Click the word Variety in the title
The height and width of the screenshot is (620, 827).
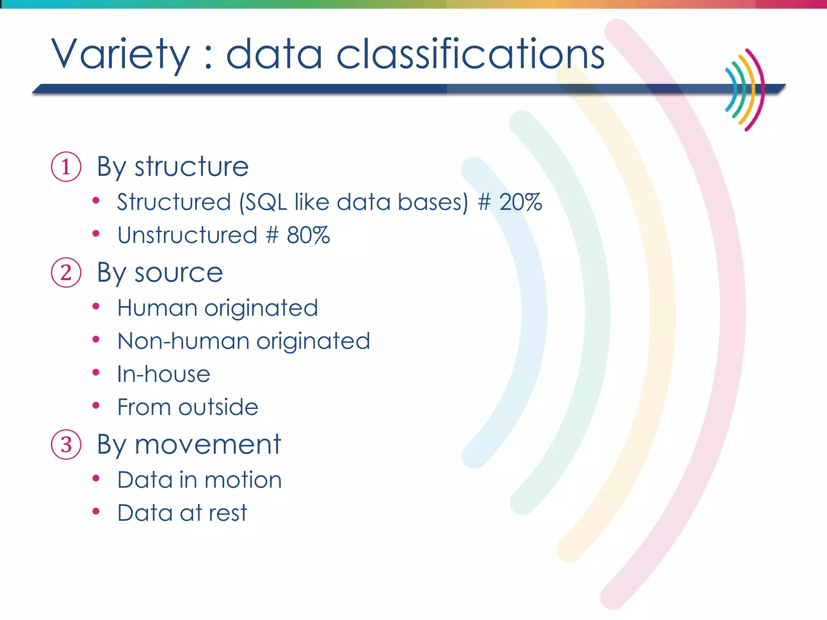pyautogui.click(x=120, y=54)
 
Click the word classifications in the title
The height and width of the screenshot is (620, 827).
pyautogui.click(x=470, y=54)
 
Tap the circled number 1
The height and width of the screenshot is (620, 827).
pyautogui.click(x=66, y=167)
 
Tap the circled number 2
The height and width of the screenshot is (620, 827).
pyautogui.click(x=66, y=272)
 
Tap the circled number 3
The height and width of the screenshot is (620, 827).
pyautogui.click(x=66, y=444)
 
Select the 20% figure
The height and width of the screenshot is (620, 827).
pyautogui.click(x=520, y=202)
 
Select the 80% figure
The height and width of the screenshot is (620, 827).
pyautogui.click(x=308, y=235)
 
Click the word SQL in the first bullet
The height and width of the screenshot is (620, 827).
pyautogui.click(x=266, y=202)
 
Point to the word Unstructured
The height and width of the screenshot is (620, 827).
pyautogui.click(x=187, y=235)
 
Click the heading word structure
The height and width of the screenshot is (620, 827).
pyautogui.click(x=191, y=167)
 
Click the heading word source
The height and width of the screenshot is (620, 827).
pyautogui.click(x=178, y=273)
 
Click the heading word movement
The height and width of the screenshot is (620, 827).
pyautogui.click(x=208, y=445)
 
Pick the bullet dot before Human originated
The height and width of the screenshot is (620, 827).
pyautogui.click(x=96, y=307)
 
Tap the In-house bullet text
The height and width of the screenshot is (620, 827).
pyautogui.click(x=164, y=374)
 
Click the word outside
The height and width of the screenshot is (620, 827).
pyautogui.click(x=218, y=407)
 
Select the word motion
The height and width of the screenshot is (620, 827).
pyautogui.click(x=243, y=480)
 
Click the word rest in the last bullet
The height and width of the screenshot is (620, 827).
pyautogui.click(x=228, y=513)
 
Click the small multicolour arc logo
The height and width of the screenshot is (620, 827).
pyautogui.click(x=745, y=90)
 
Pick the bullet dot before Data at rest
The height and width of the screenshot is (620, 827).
pyautogui.click(x=96, y=511)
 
